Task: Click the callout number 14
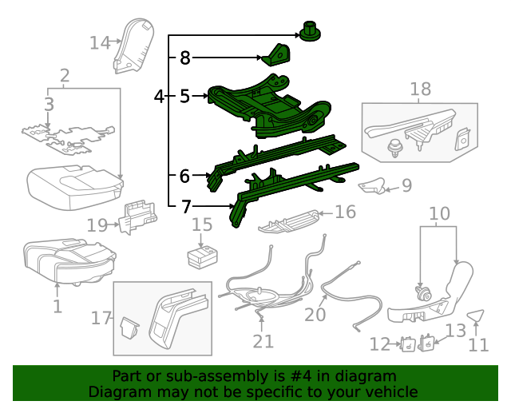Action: (x=100, y=42)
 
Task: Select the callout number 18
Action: (x=420, y=89)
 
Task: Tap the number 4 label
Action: (x=159, y=97)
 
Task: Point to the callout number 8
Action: (x=185, y=58)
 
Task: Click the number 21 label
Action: (x=263, y=341)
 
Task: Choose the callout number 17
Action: (x=101, y=319)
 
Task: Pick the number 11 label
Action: (x=477, y=345)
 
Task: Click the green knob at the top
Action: (x=309, y=33)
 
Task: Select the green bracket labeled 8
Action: (x=276, y=57)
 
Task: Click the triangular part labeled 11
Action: (x=476, y=316)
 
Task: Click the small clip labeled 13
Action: (x=428, y=343)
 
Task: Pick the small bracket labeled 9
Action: (x=371, y=187)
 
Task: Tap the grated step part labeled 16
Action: (x=289, y=220)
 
